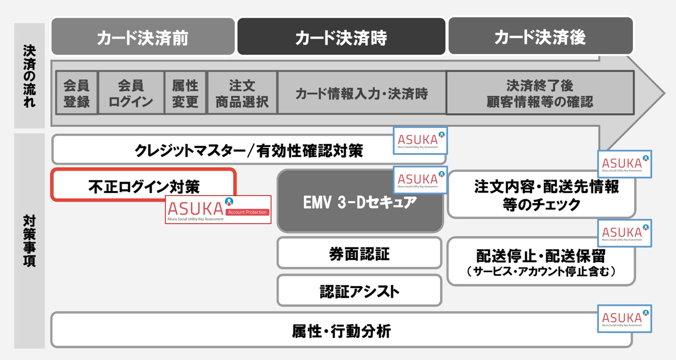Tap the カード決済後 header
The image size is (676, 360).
[x=540, y=36]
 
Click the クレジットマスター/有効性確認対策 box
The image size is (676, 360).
[x=249, y=150]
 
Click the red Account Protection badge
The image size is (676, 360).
[x=248, y=212]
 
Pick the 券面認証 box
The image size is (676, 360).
[x=359, y=253]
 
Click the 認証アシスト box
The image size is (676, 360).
[x=359, y=291]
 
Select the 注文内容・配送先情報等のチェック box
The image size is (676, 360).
[x=541, y=195]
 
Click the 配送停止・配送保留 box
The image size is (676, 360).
[x=541, y=262]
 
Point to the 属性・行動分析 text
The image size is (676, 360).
[x=341, y=331]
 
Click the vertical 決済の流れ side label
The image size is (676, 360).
[x=29, y=76]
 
